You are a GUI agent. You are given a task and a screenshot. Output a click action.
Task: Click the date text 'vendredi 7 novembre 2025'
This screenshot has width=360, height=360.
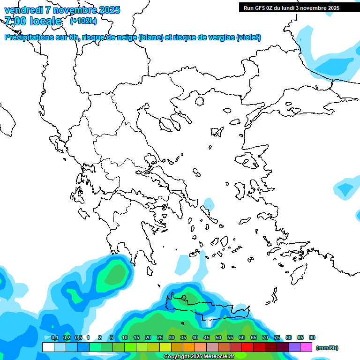[62, 10]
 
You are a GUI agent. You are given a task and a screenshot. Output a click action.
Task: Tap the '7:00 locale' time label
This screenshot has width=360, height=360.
[33, 21]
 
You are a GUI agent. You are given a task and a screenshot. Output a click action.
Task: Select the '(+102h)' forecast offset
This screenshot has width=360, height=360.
[83, 21]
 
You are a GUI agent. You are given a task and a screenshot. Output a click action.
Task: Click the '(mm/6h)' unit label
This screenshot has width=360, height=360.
[327, 348]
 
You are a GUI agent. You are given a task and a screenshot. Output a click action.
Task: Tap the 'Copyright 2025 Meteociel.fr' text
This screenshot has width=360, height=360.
[199, 357]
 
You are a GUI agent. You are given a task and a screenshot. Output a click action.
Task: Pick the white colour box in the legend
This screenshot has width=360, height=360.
[48, 347]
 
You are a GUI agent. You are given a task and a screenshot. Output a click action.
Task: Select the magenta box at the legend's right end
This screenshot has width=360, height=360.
[306, 347]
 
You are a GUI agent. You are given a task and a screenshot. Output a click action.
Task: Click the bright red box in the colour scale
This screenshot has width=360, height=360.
[247, 347]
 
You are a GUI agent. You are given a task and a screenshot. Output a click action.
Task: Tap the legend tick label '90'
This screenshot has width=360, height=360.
[312, 337]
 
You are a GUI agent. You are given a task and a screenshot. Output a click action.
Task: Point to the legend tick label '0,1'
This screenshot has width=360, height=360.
[54, 337]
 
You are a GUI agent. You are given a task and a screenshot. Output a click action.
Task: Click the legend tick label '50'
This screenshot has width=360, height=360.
[218, 337]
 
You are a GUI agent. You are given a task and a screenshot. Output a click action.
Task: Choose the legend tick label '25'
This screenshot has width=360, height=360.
[160, 337]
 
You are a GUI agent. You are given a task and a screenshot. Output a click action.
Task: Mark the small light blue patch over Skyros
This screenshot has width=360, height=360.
[209, 204]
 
